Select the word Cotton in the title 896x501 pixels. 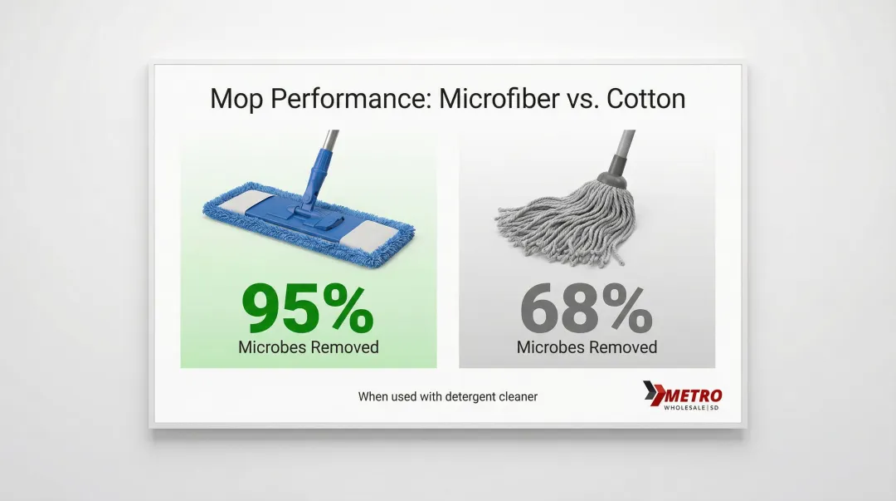click(x=645, y=99)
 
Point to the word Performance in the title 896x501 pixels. click(x=351, y=100)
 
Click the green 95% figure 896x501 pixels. click(x=308, y=309)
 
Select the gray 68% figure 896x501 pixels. click(x=587, y=309)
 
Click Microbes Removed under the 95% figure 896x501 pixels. click(x=309, y=347)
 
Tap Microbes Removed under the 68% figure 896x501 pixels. click(x=587, y=347)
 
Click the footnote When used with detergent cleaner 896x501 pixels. click(x=448, y=396)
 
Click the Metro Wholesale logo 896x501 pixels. click(x=682, y=395)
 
